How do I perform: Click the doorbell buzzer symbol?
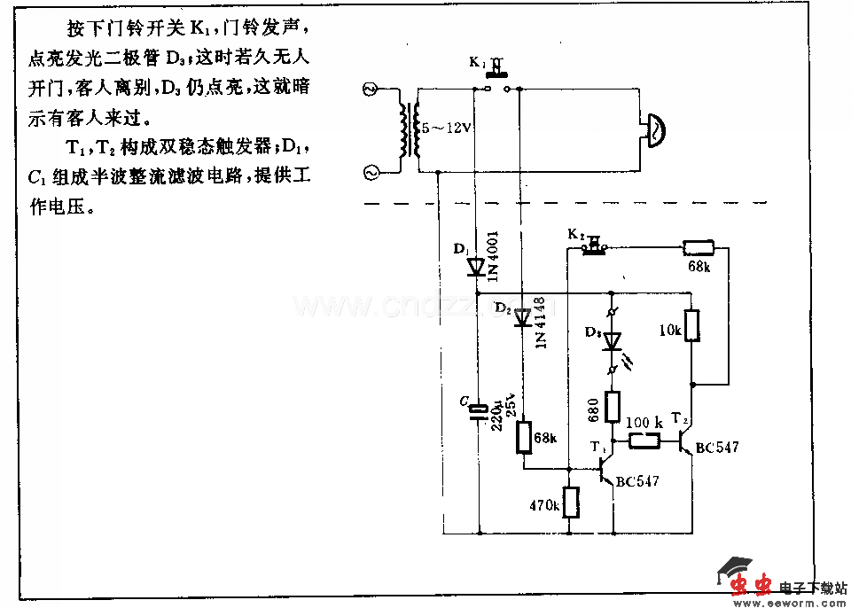coord(654,129)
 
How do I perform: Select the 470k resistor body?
coord(569,503)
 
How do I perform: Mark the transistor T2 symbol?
coord(685,440)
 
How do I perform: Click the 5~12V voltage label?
coord(446,129)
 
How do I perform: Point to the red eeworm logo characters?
coord(752,584)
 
